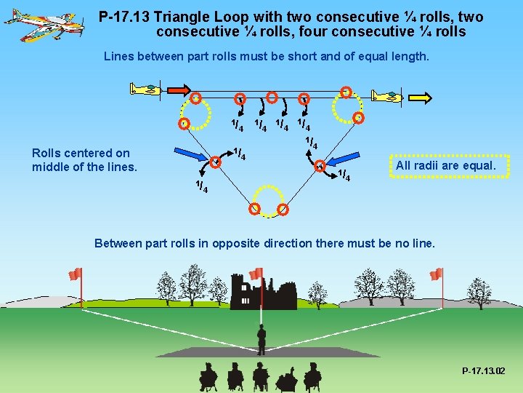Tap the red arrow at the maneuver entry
tap(177, 90)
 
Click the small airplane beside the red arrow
tap(145, 90)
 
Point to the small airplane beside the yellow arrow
tap(386, 96)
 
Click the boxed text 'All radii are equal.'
tap(445, 166)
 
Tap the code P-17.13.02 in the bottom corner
tap(483, 371)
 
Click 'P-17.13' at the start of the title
tap(124, 17)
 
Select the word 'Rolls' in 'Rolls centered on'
tap(46, 153)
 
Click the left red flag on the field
tap(76, 274)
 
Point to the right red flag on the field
tap(436, 274)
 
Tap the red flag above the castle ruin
tap(256, 274)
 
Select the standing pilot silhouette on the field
tap(261, 339)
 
